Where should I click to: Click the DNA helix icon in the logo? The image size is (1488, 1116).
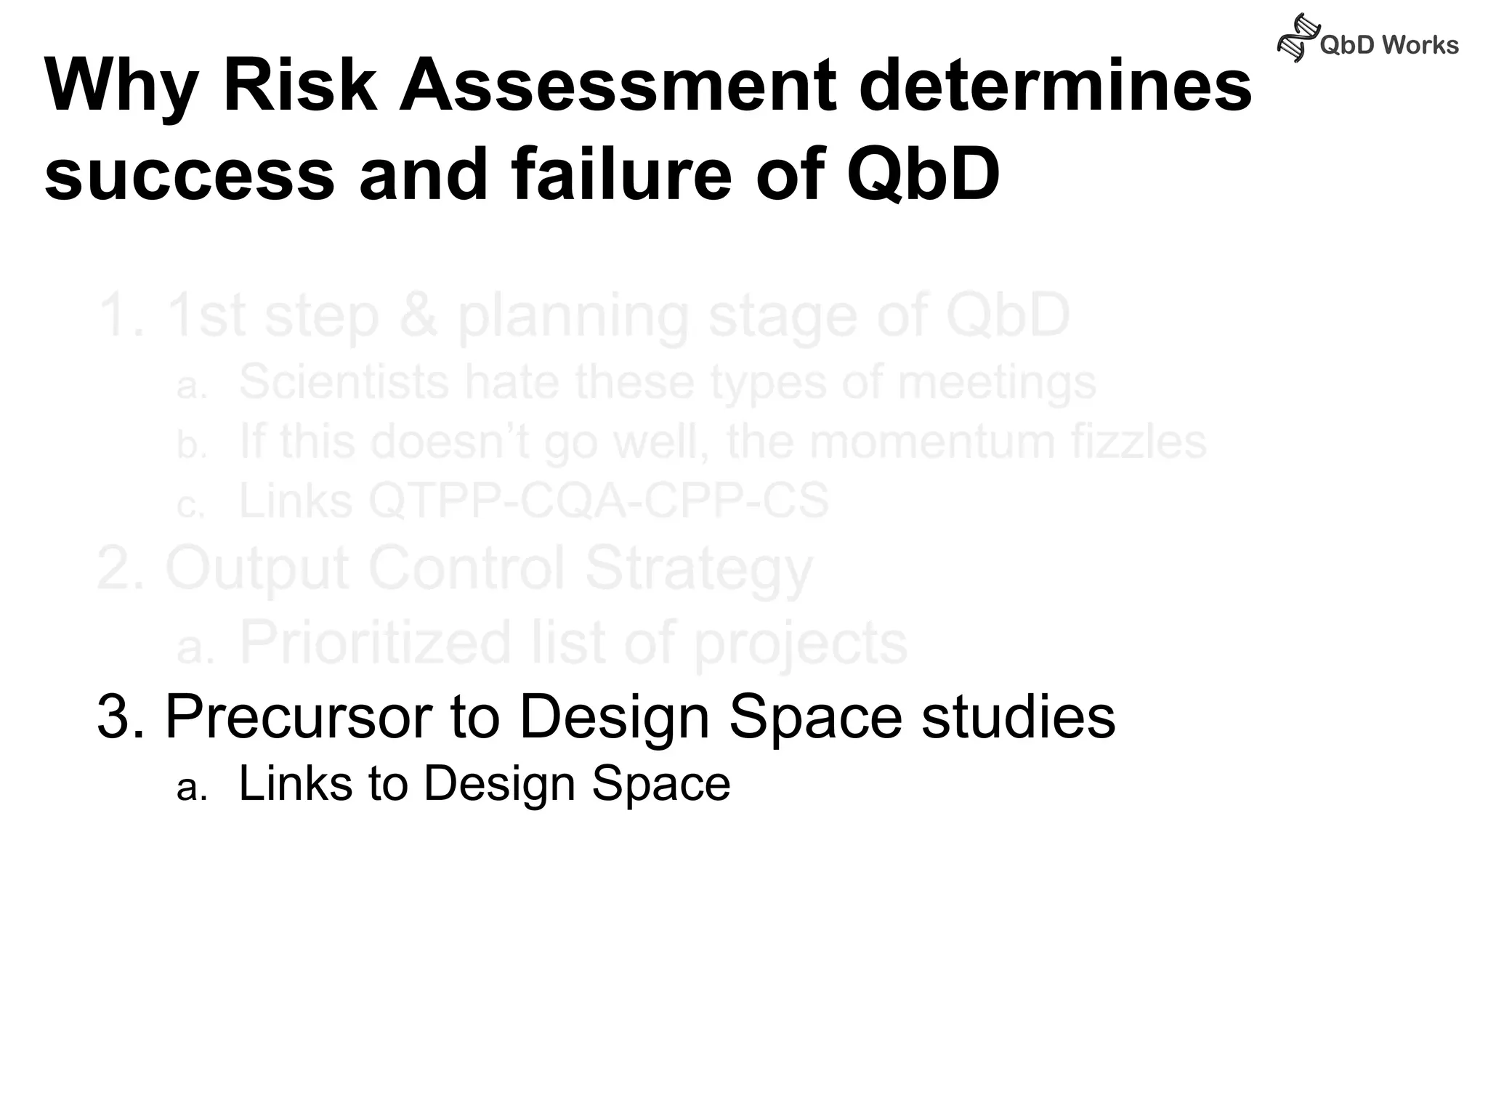point(1298,38)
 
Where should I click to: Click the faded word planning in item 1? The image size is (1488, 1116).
point(573,317)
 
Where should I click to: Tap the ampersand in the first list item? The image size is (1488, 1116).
point(418,315)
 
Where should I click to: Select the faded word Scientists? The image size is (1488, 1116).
point(344,382)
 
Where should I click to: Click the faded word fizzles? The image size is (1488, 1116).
point(1138,442)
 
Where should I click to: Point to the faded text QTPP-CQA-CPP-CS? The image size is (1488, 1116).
point(599,501)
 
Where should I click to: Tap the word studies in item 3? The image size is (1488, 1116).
point(1018,716)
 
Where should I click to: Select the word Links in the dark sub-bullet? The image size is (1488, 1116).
point(295,783)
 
